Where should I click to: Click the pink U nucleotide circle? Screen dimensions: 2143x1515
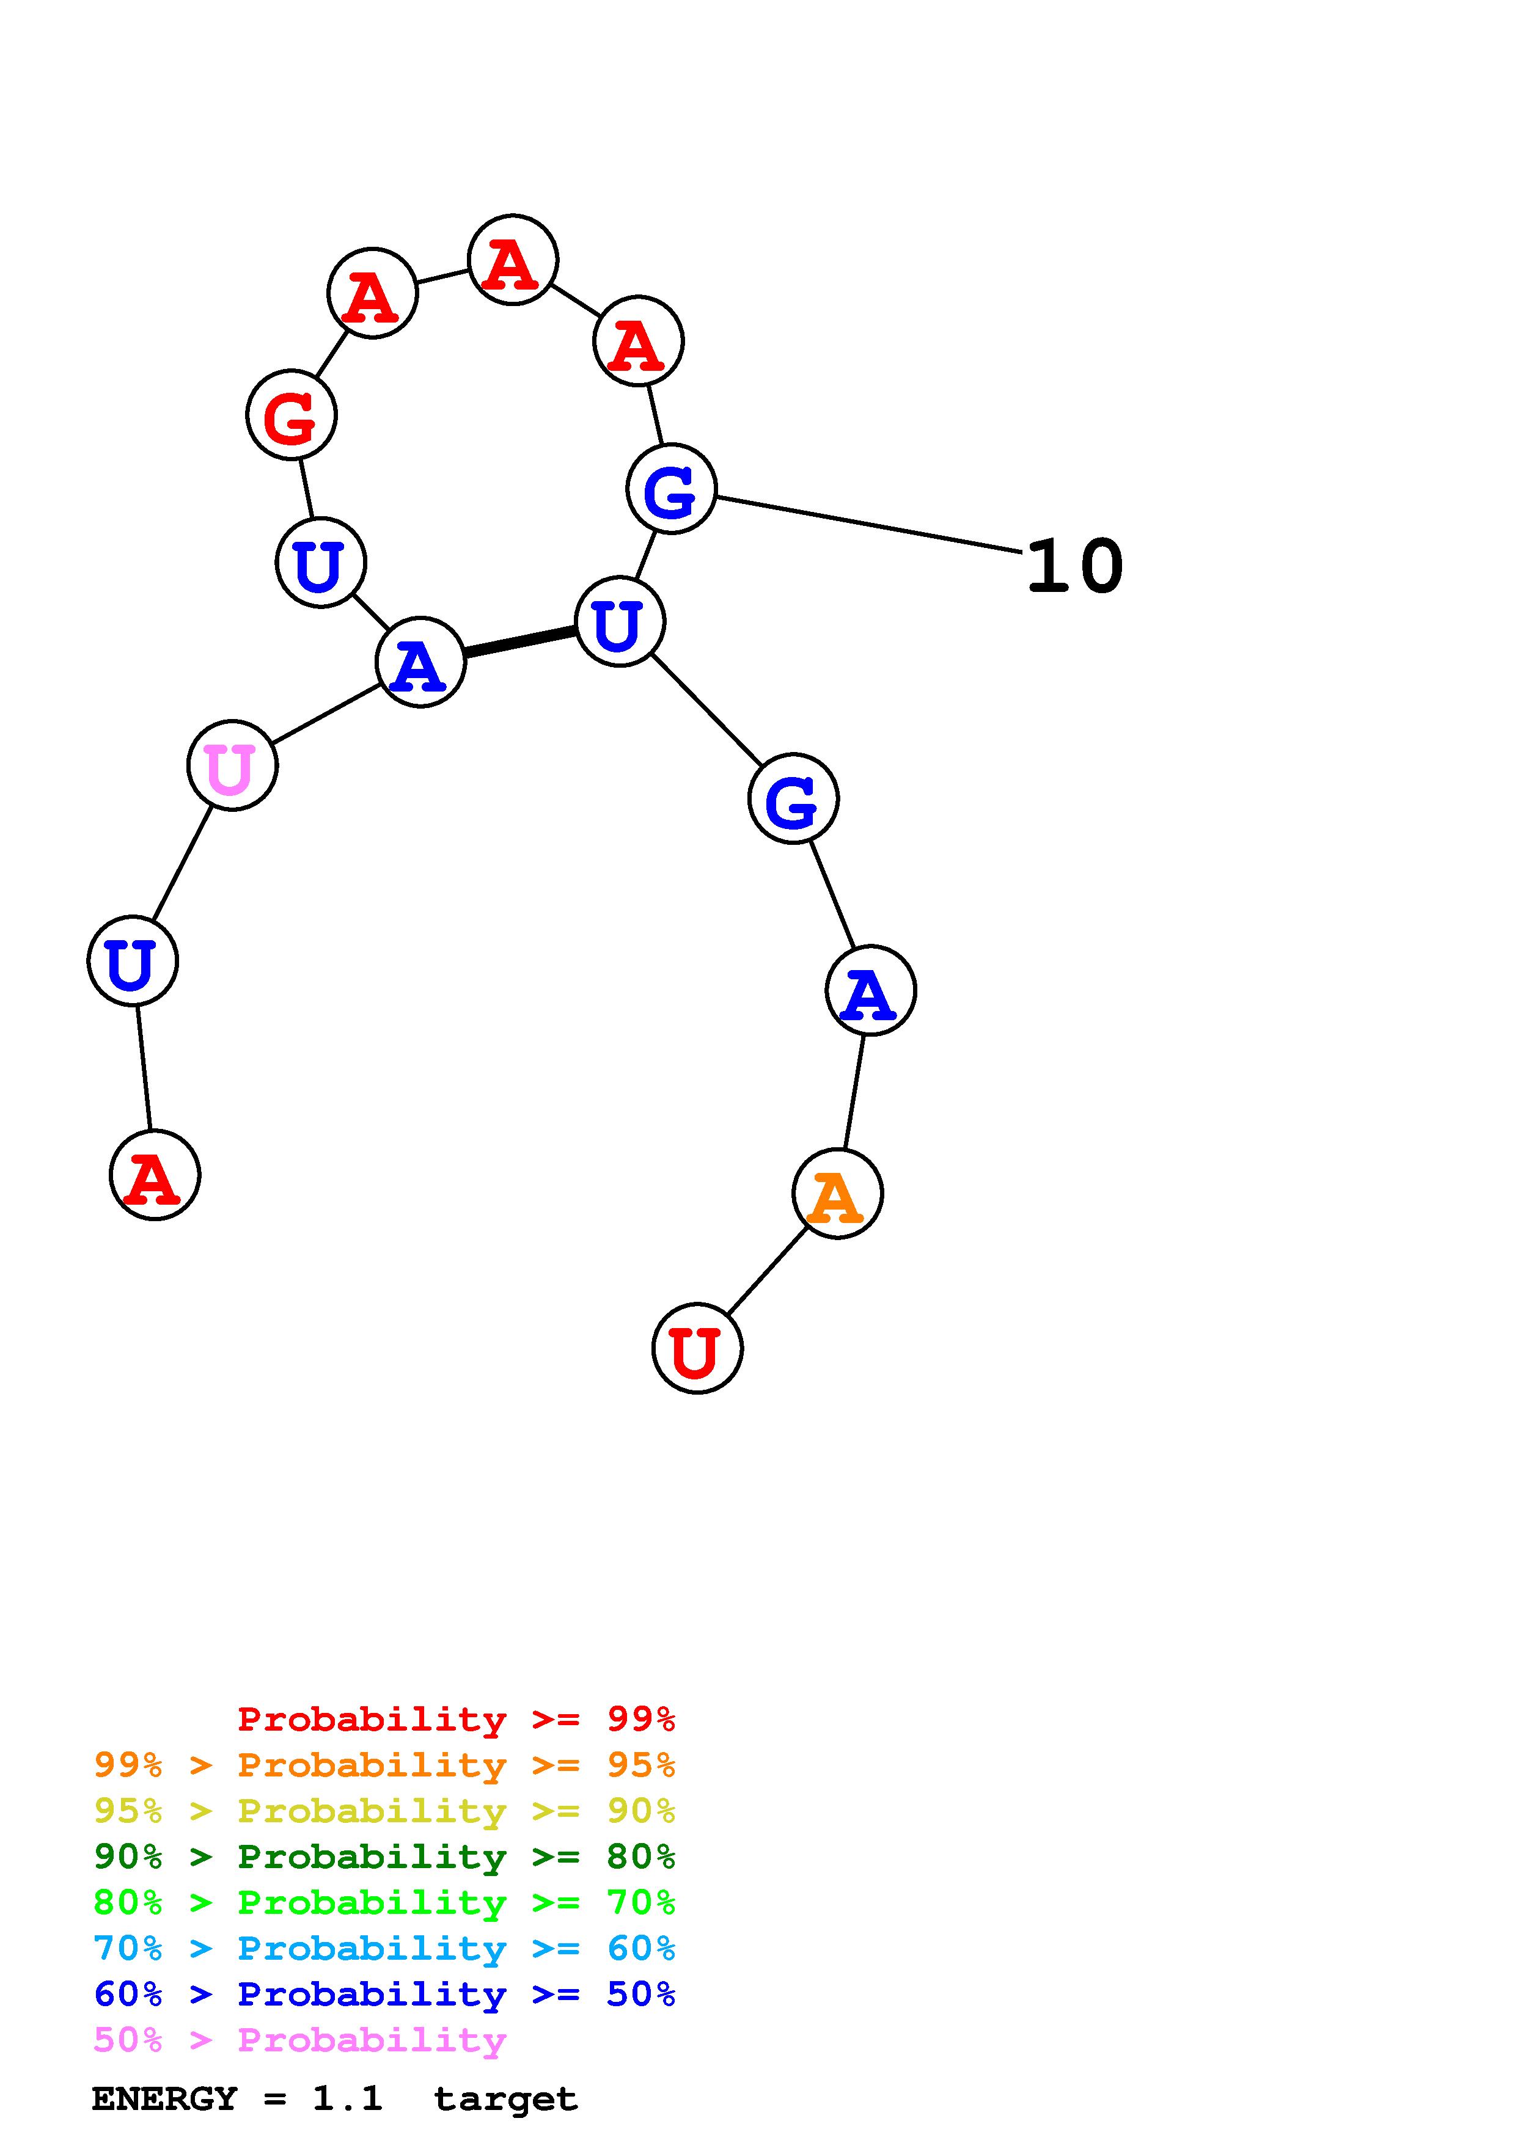(232, 765)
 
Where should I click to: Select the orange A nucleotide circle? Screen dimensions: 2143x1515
(837, 1194)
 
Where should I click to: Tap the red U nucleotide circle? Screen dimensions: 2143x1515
(697, 1349)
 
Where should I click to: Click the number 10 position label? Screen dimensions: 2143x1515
(1074, 566)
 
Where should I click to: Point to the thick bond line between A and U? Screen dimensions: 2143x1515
(520, 641)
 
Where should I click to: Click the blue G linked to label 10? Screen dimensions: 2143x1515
(671, 489)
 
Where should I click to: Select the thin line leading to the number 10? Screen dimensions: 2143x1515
(868, 525)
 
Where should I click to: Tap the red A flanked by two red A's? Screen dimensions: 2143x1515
(513, 260)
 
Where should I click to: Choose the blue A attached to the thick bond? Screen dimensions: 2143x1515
(420, 663)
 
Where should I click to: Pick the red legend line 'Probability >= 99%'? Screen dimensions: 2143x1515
(457, 1719)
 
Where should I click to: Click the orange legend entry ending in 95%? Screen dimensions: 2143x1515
(384, 1765)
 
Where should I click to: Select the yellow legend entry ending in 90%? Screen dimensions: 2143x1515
(384, 1811)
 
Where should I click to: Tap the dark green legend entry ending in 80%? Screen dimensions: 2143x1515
(384, 1856)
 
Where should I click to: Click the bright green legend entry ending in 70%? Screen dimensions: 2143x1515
(384, 1902)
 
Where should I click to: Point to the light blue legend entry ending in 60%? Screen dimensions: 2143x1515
(384, 1948)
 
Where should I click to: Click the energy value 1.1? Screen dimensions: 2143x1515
(347, 2098)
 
